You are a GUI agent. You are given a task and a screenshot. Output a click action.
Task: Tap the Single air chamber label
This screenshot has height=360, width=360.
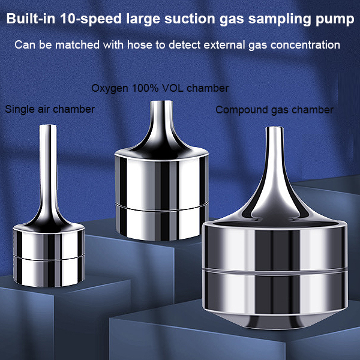click(x=50, y=109)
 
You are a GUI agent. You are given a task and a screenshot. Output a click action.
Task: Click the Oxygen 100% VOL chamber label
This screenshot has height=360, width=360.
click(x=160, y=88)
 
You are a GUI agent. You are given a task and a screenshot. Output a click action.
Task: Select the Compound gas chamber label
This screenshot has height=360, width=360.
click(x=274, y=110)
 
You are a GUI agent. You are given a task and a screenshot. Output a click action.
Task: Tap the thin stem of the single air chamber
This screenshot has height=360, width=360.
click(x=47, y=162)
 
